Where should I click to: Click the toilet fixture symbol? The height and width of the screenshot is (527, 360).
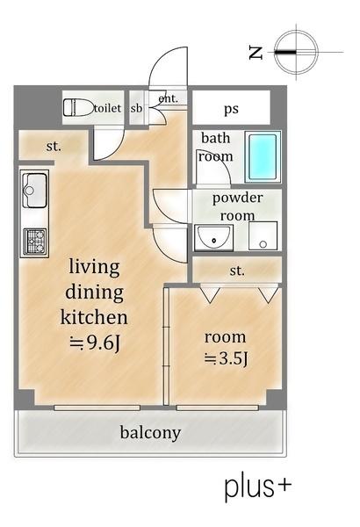(x=78, y=107)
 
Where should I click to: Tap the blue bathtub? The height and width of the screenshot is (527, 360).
(x=263, y=156)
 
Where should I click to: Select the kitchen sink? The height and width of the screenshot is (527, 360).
(x=34, y=191)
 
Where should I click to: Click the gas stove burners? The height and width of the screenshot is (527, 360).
(x=34, y=241)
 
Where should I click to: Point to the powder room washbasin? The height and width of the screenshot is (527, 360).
(x=213, y=238)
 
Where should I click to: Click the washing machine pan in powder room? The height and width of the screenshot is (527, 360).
(x=263, y=235)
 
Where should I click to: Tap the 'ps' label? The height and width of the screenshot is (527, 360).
(x=231, y=109)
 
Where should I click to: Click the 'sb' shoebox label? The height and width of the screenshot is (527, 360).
(x=136, y=108)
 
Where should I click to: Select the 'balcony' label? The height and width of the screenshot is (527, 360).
(x=151, y=432)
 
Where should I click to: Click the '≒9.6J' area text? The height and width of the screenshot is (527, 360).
(x=95, y=343)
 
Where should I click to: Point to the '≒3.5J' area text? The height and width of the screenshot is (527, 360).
(x=226, y=358)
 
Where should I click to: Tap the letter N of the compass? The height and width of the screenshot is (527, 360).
(x=256, y=53)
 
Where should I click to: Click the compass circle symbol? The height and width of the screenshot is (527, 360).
(x=296, y=52)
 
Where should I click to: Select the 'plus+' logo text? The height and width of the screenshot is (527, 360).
(x=257, y=486)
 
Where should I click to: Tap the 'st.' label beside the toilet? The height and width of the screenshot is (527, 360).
(x=54, y=147)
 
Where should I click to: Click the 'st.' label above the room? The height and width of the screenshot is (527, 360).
(x=237, y=271)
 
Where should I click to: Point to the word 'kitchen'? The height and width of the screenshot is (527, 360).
(x=94, y=316)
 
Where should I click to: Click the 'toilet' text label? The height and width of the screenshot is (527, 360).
(x=108, y=108)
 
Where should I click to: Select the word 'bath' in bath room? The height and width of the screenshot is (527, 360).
(x=215, y=138)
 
